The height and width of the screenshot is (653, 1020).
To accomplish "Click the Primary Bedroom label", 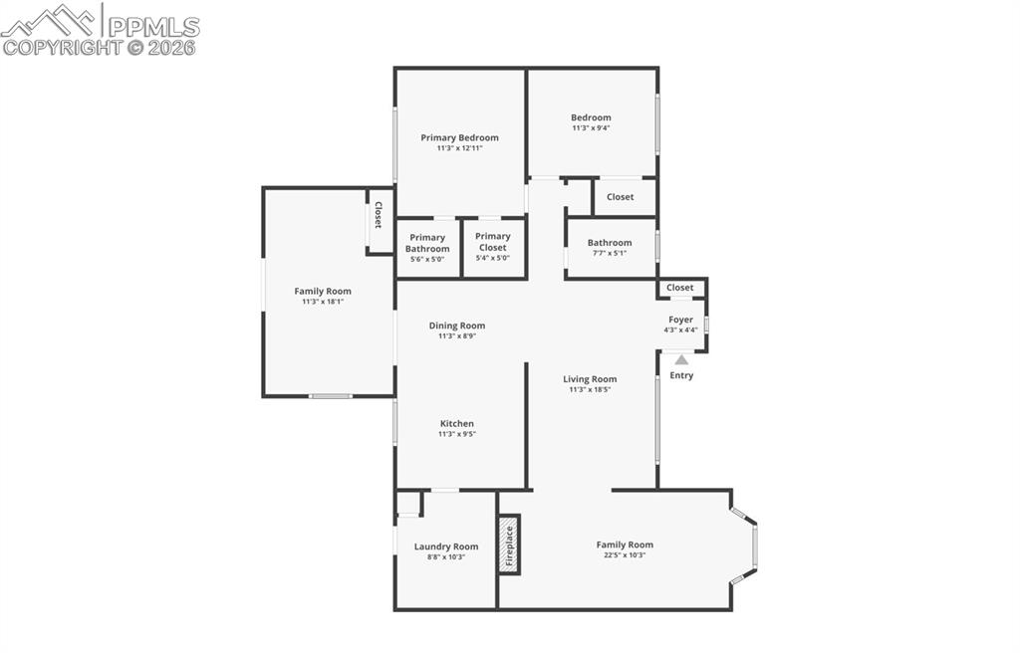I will click(x=459, y=137).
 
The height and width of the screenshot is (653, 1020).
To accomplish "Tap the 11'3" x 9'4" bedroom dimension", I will click(x=591, y=128).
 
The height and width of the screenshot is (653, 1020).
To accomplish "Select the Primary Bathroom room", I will click(x=427, y=248).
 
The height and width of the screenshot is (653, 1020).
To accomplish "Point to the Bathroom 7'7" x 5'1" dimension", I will click(x=609, y=253).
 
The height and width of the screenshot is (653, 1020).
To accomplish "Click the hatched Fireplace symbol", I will click(x=509, y=545).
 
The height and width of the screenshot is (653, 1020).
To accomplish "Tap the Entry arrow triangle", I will click(x=681, y=360).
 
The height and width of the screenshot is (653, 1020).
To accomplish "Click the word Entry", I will click(x=681, y=375).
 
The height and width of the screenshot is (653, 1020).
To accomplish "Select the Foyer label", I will click(x=680, y=320).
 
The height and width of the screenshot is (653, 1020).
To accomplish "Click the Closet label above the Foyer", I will click(x=680, y=288).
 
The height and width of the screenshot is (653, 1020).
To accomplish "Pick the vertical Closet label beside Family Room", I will click(x=379, y=215).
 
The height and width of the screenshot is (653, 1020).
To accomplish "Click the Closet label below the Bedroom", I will click(x=620, y=197).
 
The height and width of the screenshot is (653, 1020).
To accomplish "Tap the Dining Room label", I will click(x=457, y=326).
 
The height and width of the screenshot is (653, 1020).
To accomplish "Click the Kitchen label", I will click(x=457, y=423).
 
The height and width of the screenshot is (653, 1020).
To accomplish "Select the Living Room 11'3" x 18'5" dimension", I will click(x=590, y=390).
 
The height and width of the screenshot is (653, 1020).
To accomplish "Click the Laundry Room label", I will click(x=446, y=546).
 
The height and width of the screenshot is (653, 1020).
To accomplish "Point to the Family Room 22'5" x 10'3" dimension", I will click(x=625, y=555).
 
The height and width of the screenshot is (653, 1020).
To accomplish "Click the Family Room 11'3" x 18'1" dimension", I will click(x=323, y=302).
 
